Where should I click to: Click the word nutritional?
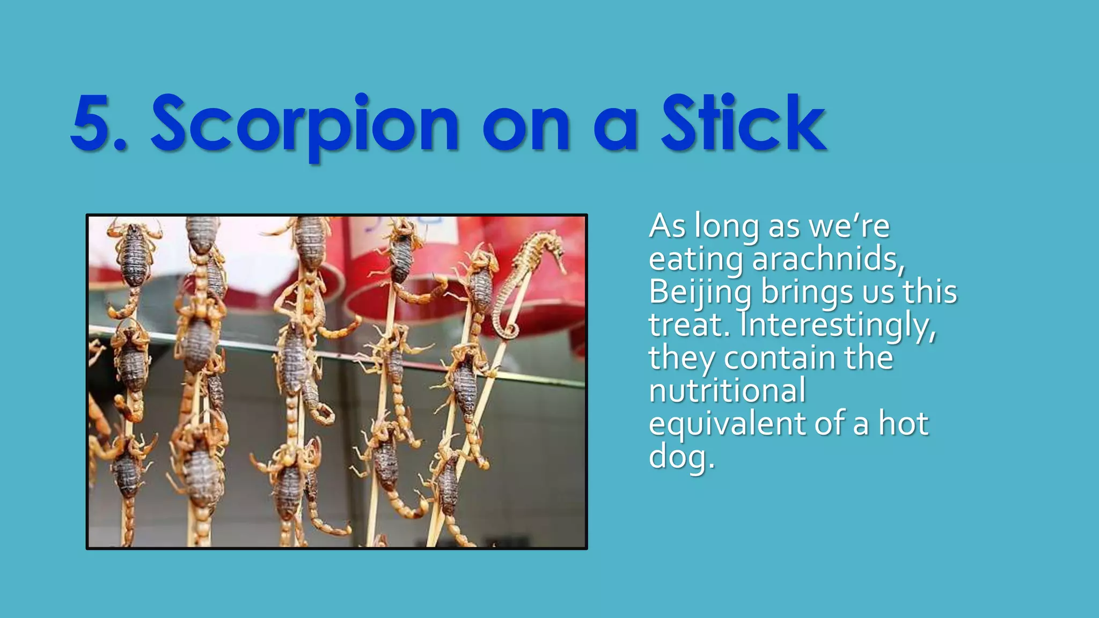pos(727,391)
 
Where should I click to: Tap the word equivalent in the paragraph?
pos(727,424)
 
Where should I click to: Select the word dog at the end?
pos(680,458)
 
